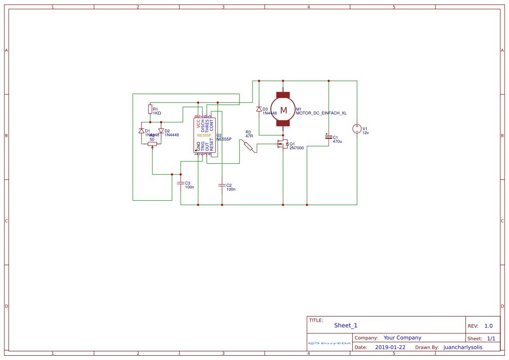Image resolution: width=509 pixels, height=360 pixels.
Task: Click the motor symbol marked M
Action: point(283,110)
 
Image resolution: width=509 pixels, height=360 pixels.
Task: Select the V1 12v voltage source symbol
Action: point(357,129)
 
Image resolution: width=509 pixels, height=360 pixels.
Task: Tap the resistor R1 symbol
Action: point(150,109)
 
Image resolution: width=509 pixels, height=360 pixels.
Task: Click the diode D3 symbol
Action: point(259,109)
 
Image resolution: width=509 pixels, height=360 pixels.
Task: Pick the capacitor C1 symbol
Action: point(329,137)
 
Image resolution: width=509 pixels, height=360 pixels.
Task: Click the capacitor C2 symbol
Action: point(222,185)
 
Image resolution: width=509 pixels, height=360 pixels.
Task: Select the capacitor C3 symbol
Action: point(181,183)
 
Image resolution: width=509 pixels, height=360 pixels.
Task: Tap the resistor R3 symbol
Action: point(248,146)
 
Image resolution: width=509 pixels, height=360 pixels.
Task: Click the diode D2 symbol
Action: point(161,131)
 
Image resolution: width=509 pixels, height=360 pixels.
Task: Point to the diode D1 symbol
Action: point(142,131)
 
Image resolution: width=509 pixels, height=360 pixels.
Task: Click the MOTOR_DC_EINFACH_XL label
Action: point(321,113)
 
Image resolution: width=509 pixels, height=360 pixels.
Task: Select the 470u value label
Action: point(337,141)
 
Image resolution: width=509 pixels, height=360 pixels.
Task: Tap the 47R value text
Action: point(249,136)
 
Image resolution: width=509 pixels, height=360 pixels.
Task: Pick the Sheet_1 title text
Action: point(346,326)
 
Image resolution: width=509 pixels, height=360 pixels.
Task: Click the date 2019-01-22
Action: point(390,347)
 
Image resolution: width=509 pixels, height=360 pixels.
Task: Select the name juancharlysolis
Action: point(463,347)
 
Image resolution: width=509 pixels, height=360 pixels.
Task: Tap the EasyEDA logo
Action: point(330,343)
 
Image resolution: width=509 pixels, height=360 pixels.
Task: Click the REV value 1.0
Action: point(489,326)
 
